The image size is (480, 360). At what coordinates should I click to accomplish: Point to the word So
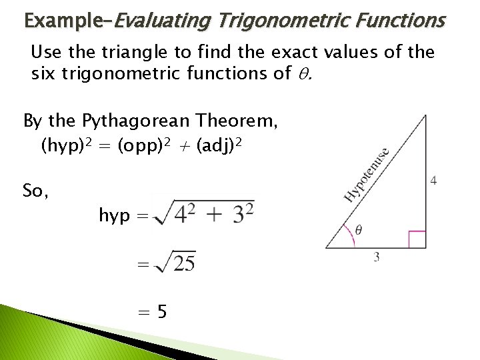[x=35, y=191]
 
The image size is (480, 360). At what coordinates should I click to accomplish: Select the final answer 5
[x=163, y=311]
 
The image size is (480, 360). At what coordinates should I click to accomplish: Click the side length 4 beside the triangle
[x=434, y=181]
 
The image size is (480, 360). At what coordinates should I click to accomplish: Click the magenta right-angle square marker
[x=417, y=239]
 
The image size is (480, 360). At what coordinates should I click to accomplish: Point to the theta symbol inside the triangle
[x=359, y=231]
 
